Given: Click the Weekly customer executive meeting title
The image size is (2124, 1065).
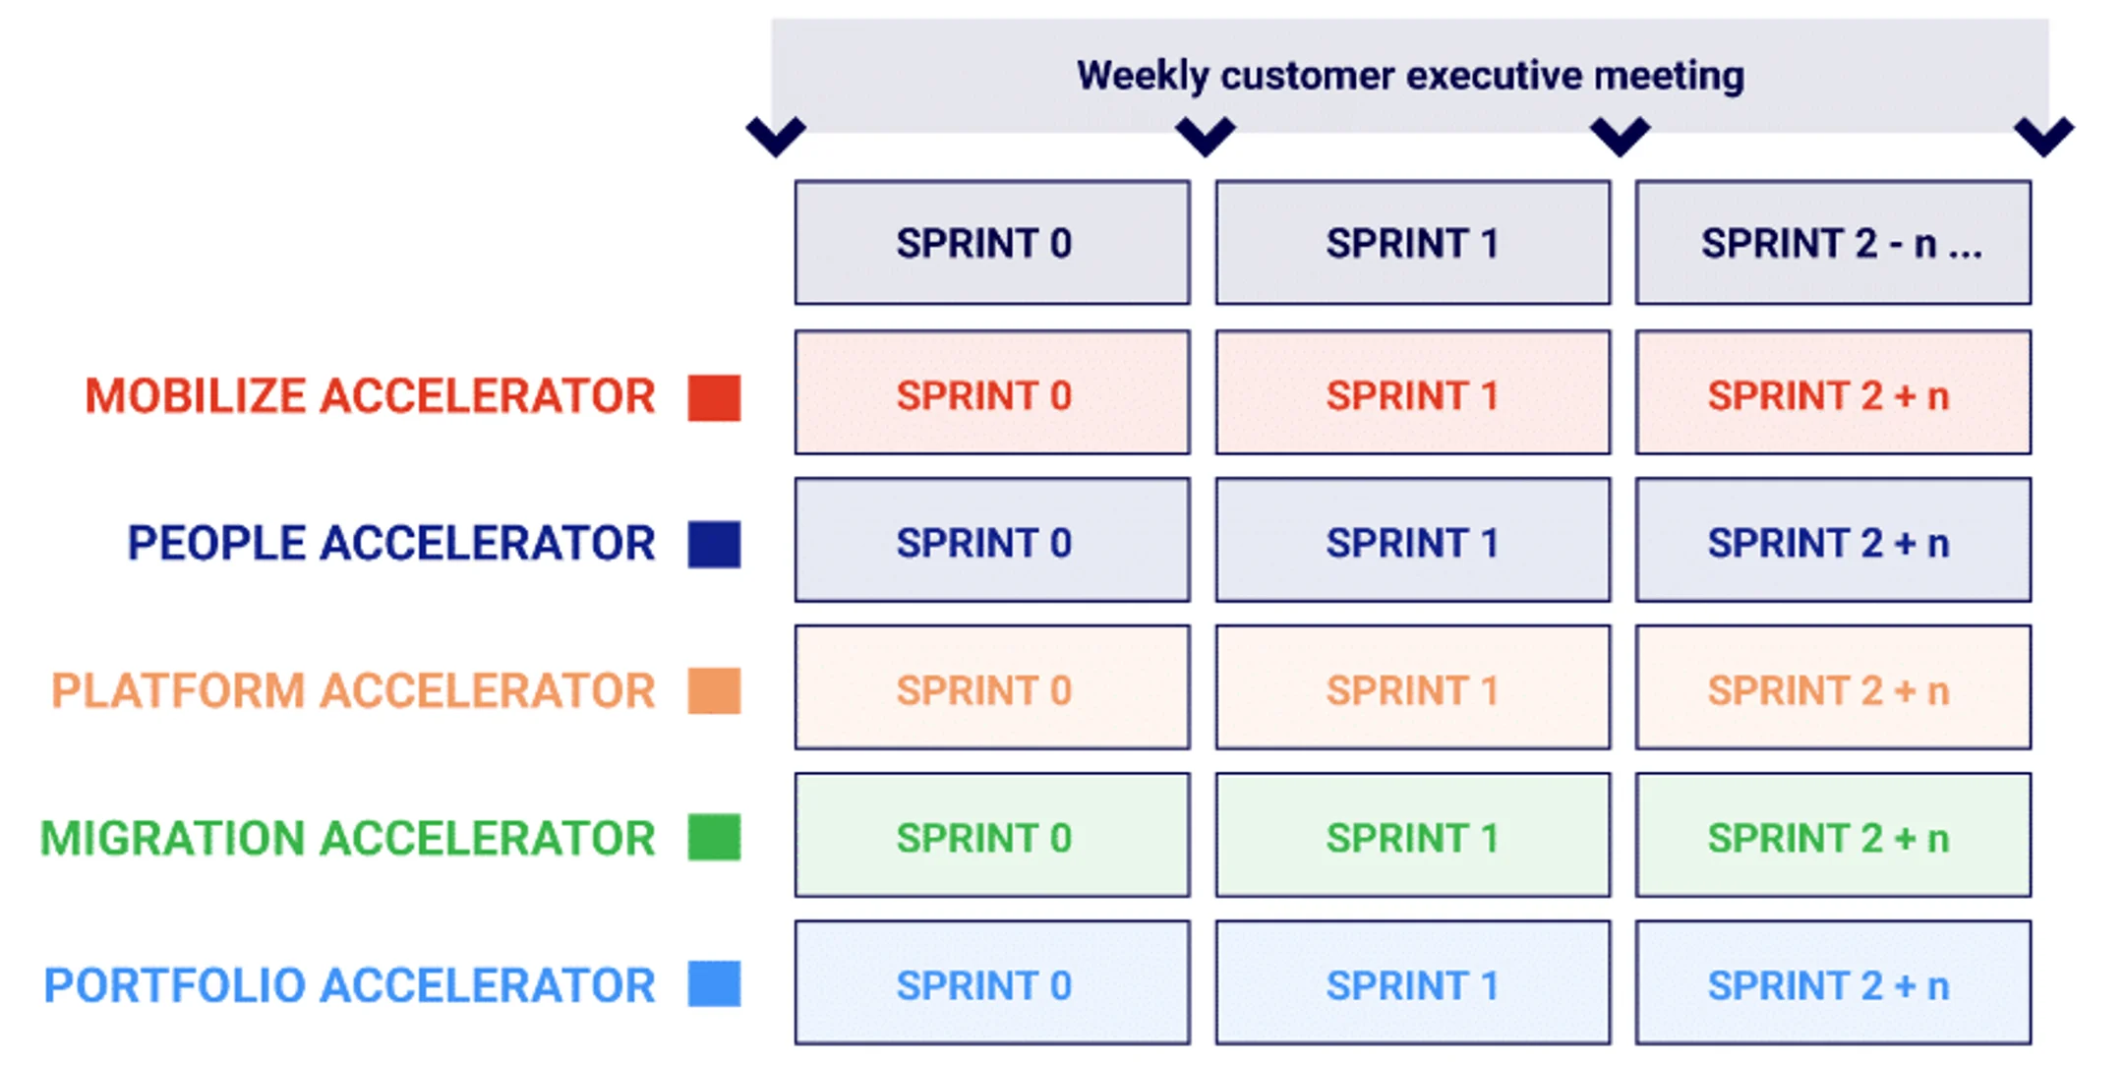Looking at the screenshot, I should coord(1409,76).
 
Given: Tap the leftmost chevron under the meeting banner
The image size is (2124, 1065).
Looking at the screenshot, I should coord(775,136).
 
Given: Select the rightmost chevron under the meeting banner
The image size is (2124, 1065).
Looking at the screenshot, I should coord(2043,136).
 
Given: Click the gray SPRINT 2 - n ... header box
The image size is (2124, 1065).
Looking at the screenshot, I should coord(1833,243).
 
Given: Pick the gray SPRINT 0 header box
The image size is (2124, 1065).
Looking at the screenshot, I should coord(992,243).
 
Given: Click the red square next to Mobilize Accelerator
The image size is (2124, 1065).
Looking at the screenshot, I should coord(714,397).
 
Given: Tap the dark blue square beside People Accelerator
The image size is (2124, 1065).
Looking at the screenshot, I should coord(714,544).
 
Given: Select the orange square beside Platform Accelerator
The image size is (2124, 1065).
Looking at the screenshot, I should coord(714,690).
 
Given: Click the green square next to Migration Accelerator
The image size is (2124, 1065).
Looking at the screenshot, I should coord(714,838).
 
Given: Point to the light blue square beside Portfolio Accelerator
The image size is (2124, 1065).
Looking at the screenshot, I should coord(714,984).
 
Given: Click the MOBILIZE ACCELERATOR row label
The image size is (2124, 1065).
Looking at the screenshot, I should coord(370,396).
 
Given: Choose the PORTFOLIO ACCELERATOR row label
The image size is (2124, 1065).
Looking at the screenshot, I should coord(349,985).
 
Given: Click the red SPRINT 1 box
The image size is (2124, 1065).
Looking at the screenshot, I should coord(1412,392).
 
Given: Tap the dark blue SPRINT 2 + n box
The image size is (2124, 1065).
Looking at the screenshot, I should coord(1833,540).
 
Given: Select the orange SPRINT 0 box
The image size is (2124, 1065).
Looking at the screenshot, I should coord(992,687).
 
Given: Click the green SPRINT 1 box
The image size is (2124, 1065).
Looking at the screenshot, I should coord(1412,835).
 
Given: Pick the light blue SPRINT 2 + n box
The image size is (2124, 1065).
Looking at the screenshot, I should coord(1833,982).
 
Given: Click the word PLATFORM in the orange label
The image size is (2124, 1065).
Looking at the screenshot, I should coord(178,690).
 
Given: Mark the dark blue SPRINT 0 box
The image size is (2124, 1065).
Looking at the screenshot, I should coord(992,540).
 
